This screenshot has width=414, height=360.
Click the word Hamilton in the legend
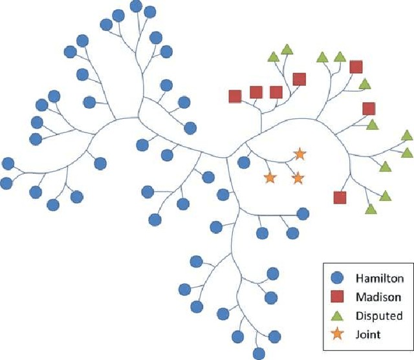[x=379, y=279]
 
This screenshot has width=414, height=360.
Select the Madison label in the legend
[x=378, y=297]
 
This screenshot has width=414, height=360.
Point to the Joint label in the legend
[x=367, y=334]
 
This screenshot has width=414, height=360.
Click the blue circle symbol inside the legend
[x=336, y=279]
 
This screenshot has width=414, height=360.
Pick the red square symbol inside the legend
[x=336, y=297]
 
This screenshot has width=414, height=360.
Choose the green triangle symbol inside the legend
[x=336, y=315]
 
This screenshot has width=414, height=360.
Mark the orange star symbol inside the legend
[x=336, y=334]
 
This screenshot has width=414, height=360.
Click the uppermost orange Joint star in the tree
[x=299, y=154]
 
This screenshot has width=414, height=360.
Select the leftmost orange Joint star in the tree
[x=270, y=178]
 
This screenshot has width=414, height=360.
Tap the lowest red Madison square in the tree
[x=340, y=198]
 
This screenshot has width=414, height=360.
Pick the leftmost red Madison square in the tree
[x=235, y=96]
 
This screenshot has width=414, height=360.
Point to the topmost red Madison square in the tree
[x=356, y=67]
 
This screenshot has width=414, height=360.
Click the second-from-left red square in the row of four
[x=256, y=92]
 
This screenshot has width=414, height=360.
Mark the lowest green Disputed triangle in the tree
[x=370, y=208]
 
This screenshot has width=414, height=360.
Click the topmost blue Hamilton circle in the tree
[x=136, y=6]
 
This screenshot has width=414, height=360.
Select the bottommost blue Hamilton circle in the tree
[x=259, y=353]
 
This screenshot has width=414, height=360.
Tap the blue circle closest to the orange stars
[x=244, y=162]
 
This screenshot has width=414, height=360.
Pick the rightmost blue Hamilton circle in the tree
[x=303, y=213]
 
